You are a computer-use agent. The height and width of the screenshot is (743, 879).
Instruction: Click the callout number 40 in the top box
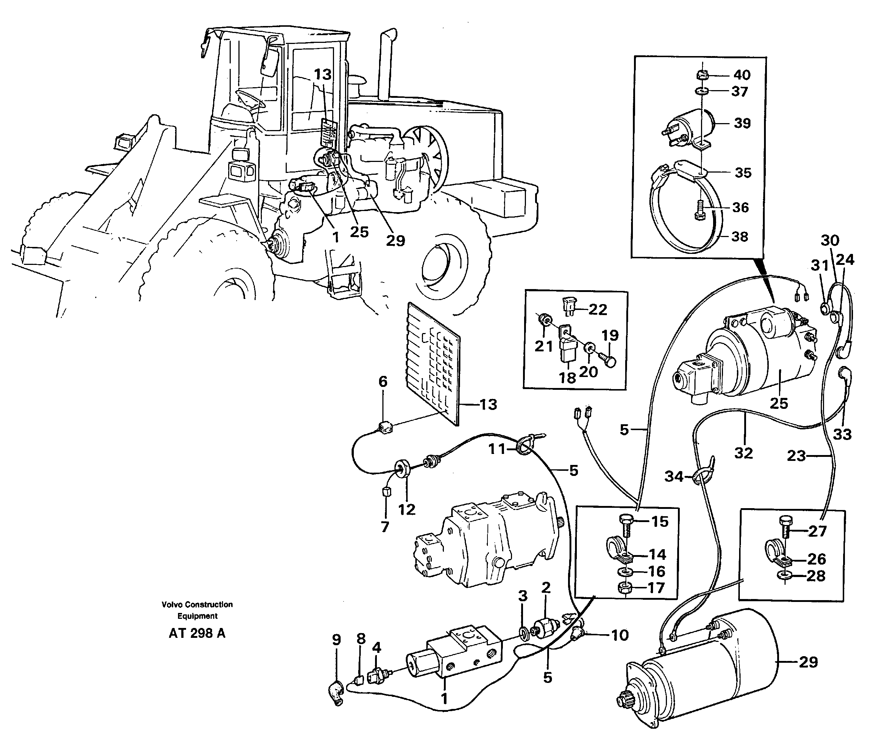742,75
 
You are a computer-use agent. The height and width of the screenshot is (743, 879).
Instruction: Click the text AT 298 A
197,633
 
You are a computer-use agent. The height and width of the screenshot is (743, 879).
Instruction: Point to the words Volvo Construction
197,605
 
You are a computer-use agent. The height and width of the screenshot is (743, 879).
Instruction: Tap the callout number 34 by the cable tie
674,476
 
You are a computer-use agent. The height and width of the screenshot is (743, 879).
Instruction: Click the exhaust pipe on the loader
386,63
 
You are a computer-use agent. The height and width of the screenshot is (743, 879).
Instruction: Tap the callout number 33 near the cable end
842,434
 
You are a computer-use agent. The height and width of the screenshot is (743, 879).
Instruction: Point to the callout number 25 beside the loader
359,232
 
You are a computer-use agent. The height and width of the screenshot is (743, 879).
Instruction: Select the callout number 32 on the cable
743,453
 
